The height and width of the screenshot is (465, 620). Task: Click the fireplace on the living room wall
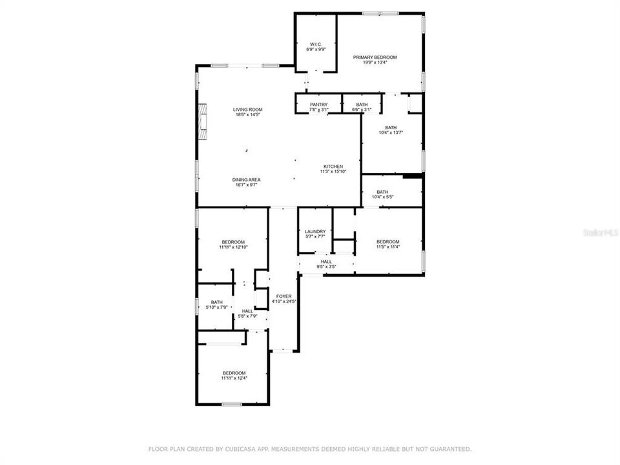[203, 121]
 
